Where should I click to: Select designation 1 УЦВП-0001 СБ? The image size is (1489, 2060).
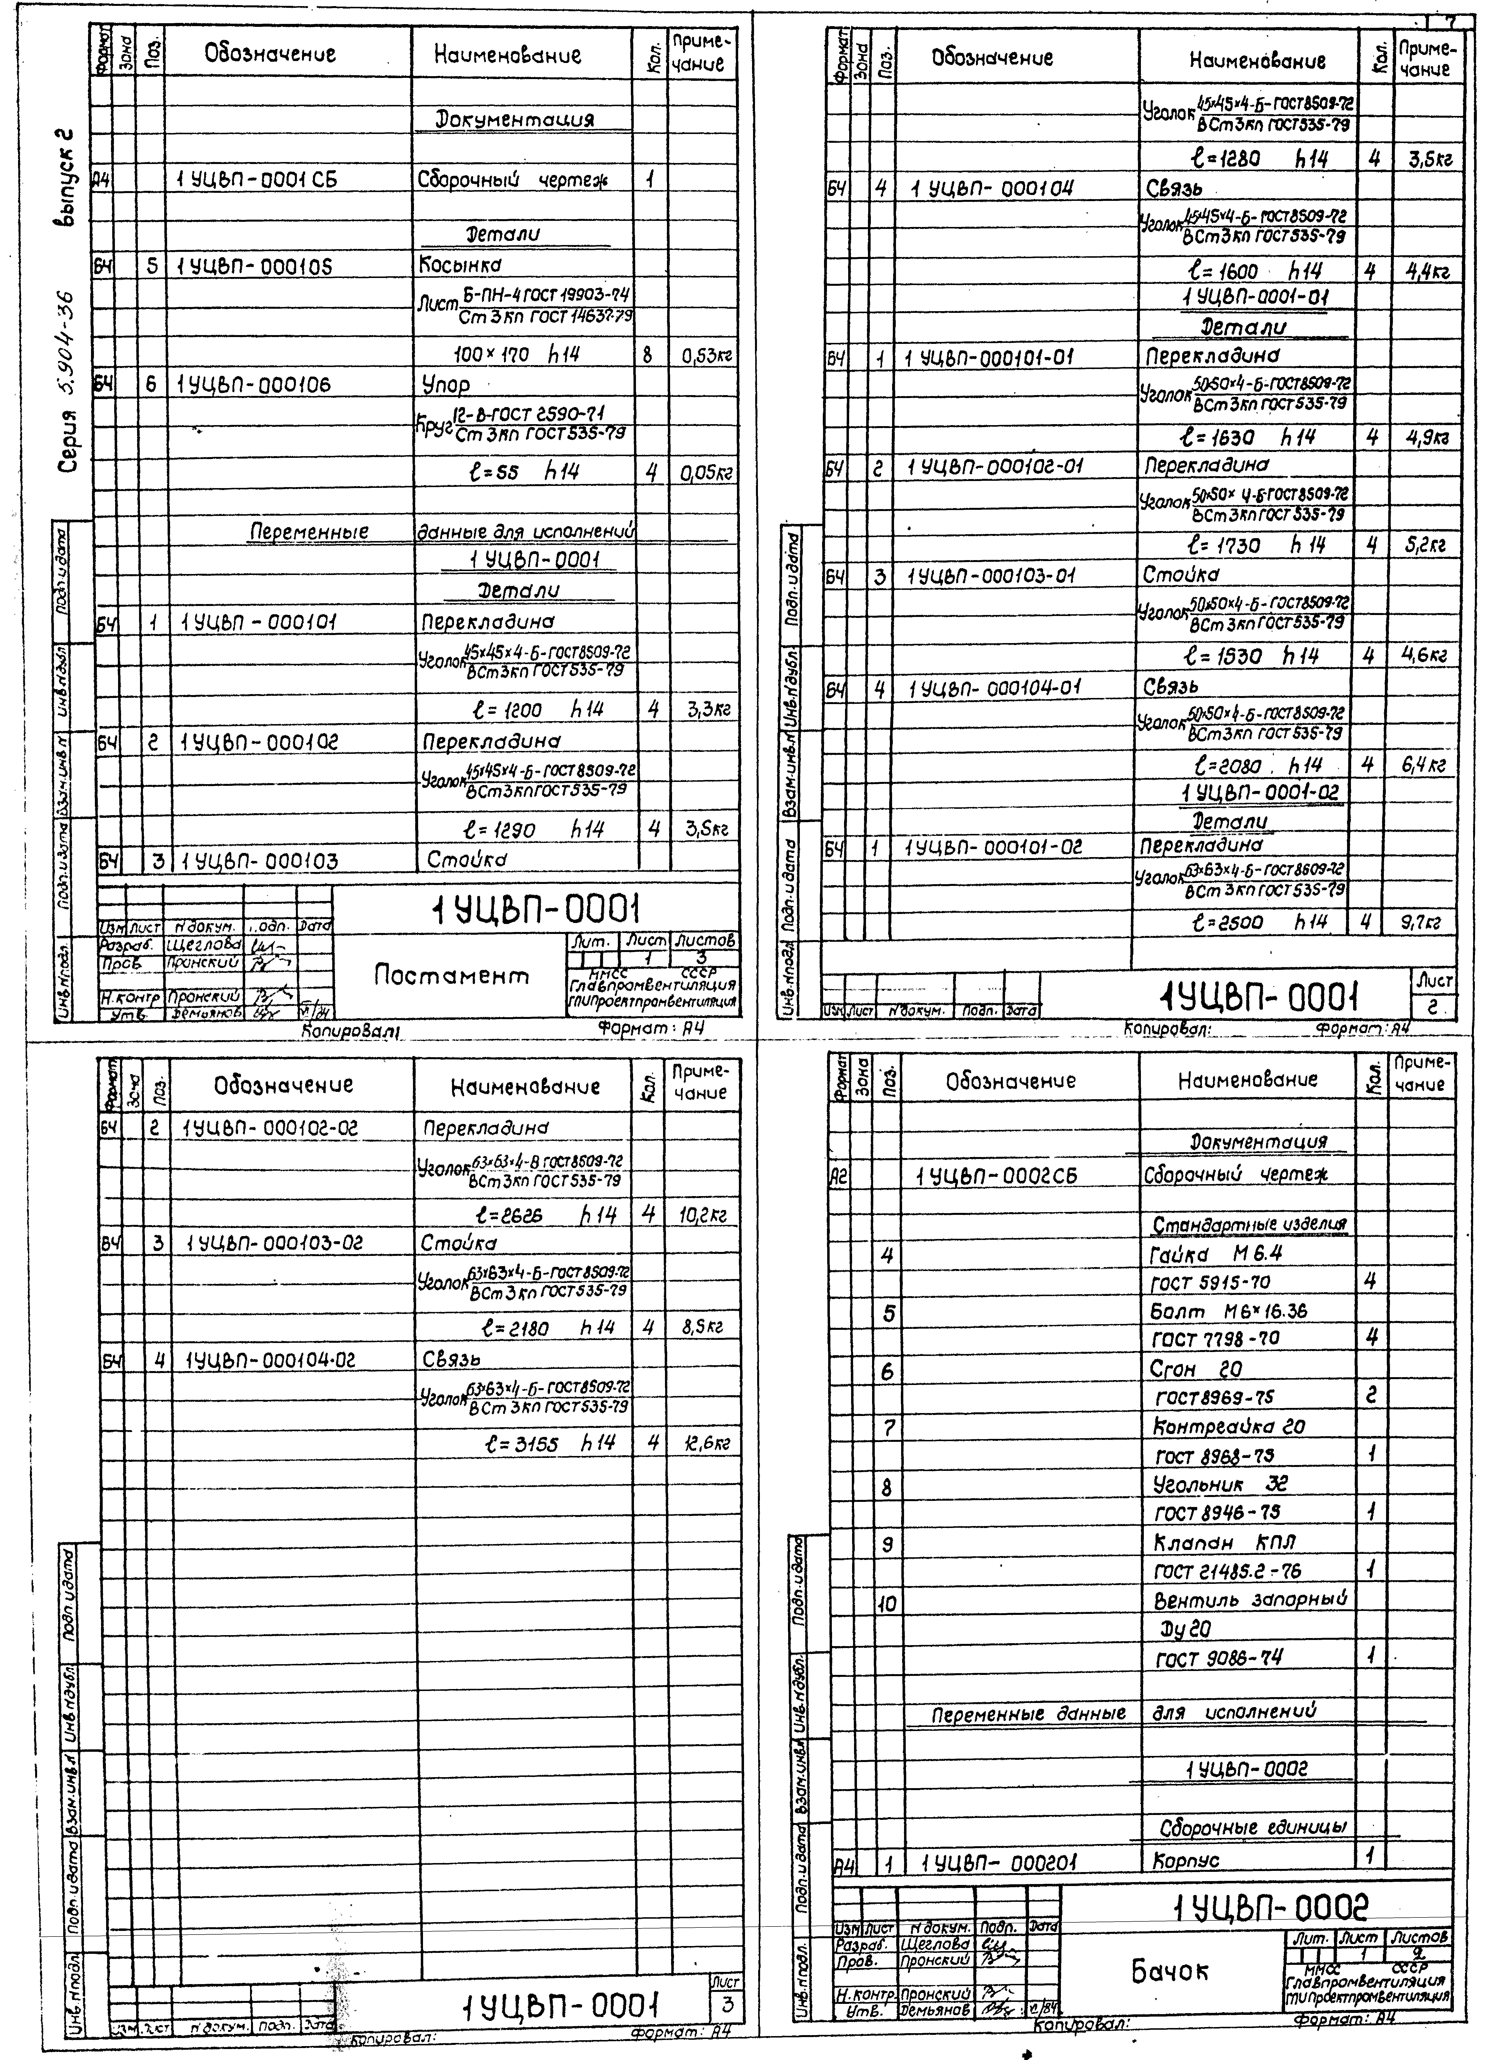(257, 180)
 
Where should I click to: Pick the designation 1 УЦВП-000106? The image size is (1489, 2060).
(254, 385)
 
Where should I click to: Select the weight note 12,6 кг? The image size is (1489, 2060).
(706, 1443)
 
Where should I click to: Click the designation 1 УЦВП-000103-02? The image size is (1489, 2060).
(273, 1242)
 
